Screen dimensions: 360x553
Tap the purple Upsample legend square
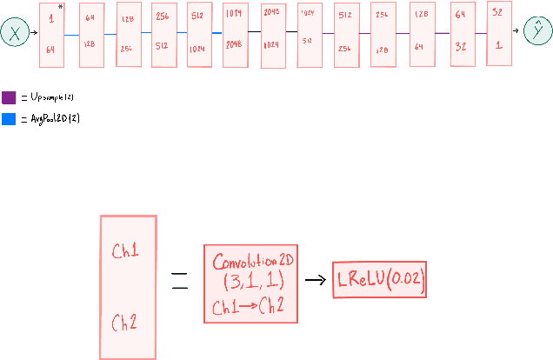[x=9, y=97]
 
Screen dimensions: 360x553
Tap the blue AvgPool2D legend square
[x=9, y=118]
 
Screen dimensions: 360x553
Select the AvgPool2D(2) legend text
[x=53, y=118]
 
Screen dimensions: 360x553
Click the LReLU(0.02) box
[x=381, y=281]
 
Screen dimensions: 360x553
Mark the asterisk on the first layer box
[x=60, y=6]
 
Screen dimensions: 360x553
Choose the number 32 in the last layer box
[x=498, y=14]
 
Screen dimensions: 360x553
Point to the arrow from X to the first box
[x=34, y=33]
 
